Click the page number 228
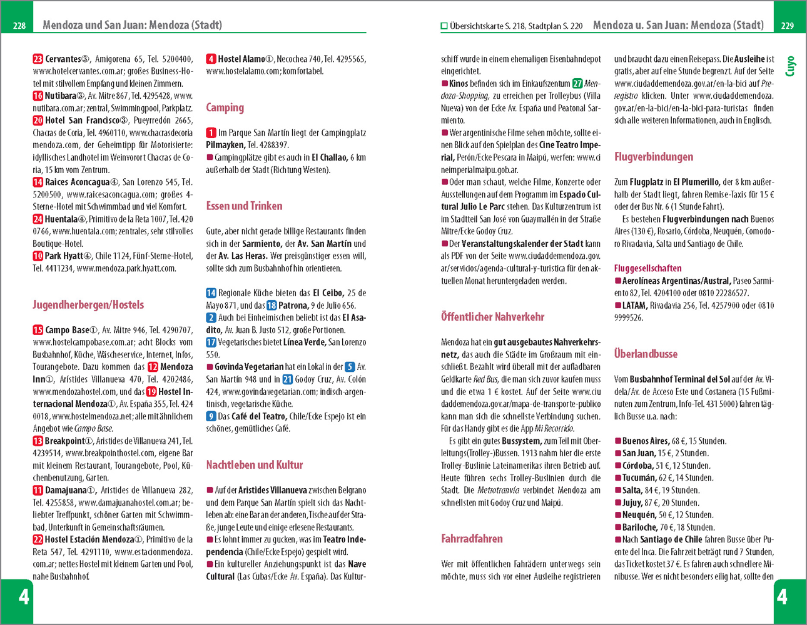point(19,26)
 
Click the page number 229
point(788,26)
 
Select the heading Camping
point(225,107)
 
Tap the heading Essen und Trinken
point(244,206)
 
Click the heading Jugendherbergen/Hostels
point(88,304)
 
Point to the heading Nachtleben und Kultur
point(254,464)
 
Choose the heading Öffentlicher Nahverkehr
point(492,316)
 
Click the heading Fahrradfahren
point(472,538)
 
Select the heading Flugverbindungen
point(654,156)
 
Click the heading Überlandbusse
point(646,353)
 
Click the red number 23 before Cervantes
point(38,59)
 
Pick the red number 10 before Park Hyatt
point(38,256)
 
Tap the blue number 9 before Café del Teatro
point(211,416)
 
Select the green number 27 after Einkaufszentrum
point(577,83)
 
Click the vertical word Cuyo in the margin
point(790,66)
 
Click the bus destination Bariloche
point(640,527)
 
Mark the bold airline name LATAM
point(634,305)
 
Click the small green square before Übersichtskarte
point(444,26)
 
